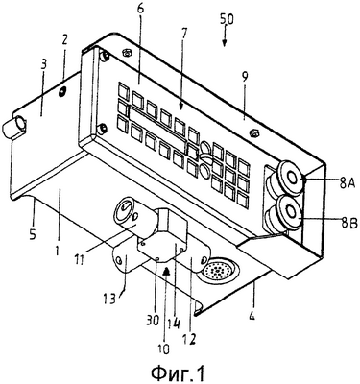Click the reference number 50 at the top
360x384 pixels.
pos(227,19)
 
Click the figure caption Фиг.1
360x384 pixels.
pos(178,372)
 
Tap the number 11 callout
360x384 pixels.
pos(80,259)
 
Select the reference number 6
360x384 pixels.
pos(141,10)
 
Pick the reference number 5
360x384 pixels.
pos(34,234)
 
